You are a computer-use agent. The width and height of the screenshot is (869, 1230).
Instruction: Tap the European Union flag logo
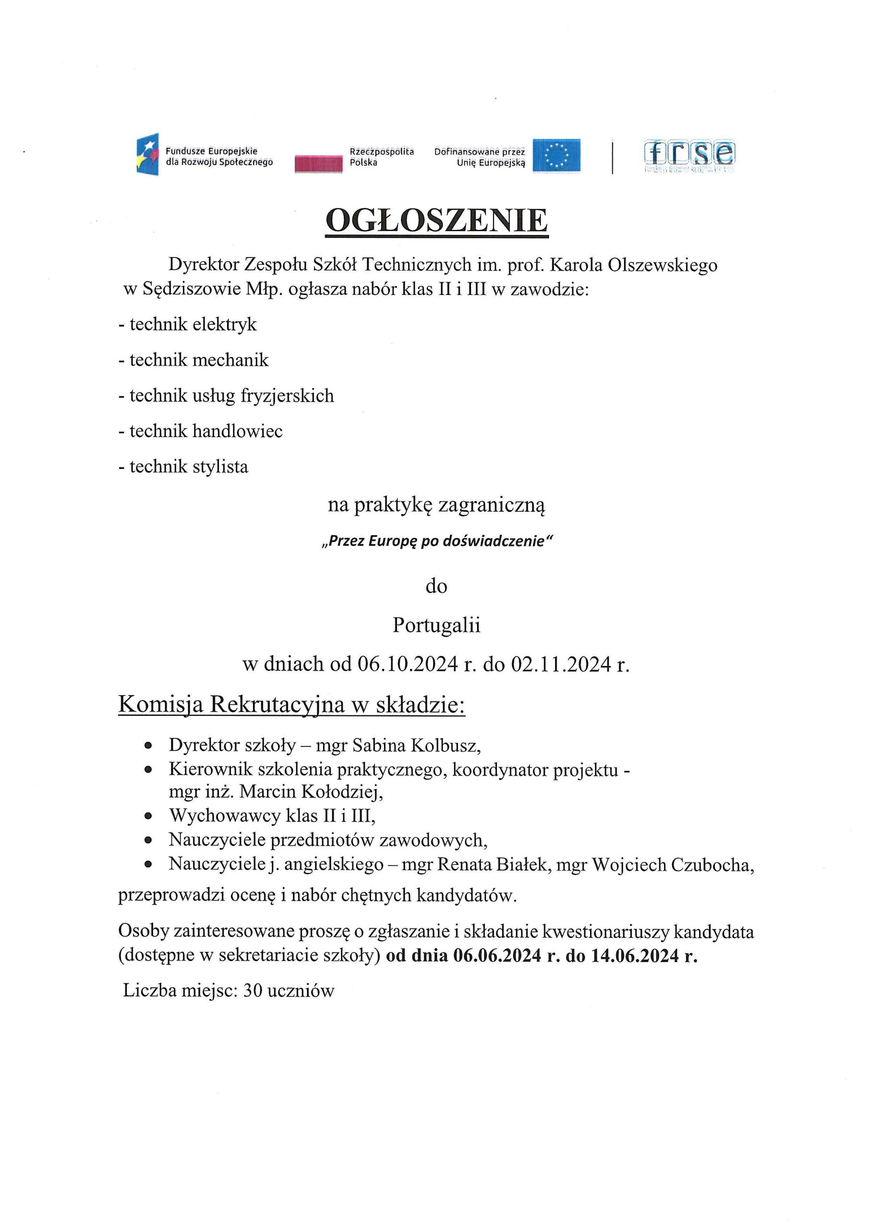point(556,156)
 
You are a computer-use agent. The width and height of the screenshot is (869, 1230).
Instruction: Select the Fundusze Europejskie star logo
point(148,154)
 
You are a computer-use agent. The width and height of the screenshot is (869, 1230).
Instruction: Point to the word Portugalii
point(436,625)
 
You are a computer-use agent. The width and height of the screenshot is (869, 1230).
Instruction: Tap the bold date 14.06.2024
point(635,956)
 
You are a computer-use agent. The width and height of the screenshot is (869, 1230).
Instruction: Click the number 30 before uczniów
point(252,991)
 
